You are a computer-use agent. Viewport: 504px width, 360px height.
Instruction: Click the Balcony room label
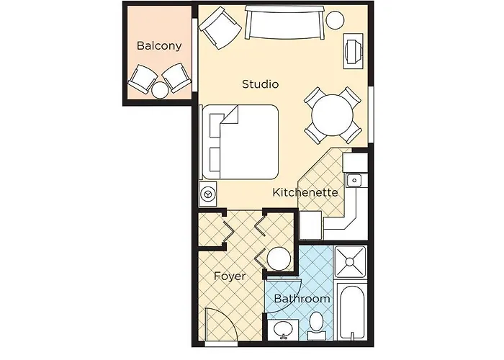158,46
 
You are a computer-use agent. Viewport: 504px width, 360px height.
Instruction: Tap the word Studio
260,84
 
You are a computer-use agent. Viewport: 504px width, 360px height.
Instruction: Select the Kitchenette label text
305,192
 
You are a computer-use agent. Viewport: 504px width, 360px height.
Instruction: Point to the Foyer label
230,276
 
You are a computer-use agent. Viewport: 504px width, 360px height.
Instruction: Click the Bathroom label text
302,298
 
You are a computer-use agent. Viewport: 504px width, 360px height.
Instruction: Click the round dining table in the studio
332,114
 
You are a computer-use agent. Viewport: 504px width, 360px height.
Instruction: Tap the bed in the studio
241,141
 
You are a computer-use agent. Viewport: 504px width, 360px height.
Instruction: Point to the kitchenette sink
354,180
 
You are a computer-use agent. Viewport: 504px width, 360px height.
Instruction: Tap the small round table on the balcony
160,90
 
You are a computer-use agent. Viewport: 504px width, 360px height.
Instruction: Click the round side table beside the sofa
335,20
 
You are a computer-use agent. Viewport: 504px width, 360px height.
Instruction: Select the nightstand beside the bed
207,194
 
